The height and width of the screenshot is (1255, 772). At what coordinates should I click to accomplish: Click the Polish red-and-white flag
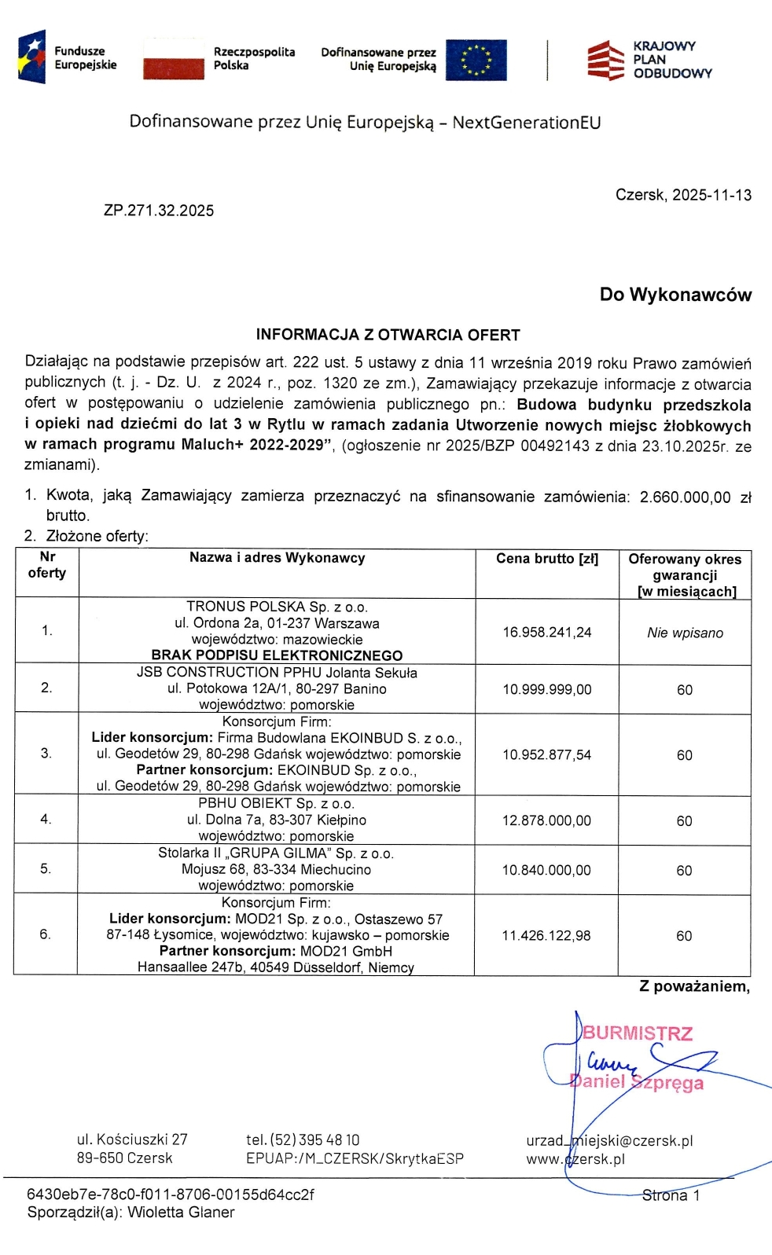173,60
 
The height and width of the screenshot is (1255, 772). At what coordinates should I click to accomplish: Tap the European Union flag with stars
476,60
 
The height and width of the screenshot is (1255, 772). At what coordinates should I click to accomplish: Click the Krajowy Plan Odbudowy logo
649,60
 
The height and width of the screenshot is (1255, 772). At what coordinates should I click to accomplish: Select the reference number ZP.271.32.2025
159,211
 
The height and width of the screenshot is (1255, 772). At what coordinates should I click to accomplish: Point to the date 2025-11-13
711,195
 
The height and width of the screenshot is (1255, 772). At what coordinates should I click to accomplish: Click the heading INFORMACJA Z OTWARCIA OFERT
388,335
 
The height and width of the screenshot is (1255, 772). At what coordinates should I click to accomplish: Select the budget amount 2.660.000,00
685,497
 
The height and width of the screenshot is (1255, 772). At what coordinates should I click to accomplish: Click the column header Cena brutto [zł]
547,559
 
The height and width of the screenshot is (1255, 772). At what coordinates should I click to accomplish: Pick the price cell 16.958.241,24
547,632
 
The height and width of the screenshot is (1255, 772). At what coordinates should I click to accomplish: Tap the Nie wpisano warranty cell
685,633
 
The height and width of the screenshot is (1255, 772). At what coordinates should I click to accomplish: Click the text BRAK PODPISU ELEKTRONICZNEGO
277,655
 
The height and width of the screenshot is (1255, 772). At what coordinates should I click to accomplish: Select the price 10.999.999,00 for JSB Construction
547,689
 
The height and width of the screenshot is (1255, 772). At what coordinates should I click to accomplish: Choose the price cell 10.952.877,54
547,754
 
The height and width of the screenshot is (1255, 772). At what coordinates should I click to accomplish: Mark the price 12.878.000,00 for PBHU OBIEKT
547,820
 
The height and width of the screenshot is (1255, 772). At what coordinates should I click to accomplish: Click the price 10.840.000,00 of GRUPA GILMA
547,870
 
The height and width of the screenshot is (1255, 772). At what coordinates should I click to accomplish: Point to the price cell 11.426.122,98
547,935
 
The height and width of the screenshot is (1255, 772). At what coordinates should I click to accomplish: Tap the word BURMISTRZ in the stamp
638,1033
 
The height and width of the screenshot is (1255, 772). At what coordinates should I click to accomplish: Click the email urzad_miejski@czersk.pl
609,1140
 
